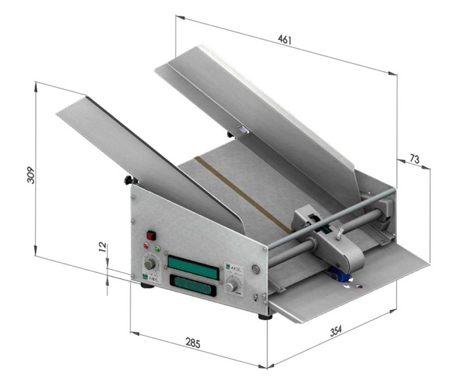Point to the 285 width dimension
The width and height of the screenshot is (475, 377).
193,344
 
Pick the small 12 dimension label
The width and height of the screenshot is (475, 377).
102,249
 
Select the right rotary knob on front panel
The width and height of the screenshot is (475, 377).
233,287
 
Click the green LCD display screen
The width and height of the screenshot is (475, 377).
193,264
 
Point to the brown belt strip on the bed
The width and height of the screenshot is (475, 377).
241,193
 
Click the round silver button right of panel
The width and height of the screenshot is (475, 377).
256,269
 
